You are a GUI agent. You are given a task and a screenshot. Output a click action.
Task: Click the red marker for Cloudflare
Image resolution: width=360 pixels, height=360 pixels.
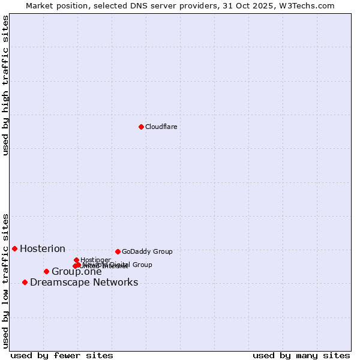point(141,127)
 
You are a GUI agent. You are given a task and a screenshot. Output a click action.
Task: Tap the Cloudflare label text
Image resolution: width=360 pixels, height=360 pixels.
point(161,127)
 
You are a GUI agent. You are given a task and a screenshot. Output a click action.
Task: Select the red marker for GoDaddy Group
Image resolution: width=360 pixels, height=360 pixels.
point(118,251)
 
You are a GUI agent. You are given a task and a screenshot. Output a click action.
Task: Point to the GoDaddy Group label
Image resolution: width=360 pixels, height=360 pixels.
point(147,251)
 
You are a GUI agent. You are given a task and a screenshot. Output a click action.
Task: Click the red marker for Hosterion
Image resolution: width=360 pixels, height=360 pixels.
point(14,248)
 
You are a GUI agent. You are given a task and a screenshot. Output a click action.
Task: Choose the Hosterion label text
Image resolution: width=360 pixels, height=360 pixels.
point(43,248)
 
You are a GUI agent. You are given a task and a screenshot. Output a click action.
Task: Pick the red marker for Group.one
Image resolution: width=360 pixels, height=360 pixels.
point(46,271)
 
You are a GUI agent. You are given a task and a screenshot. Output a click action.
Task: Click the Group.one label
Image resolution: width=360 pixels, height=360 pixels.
point(77,272)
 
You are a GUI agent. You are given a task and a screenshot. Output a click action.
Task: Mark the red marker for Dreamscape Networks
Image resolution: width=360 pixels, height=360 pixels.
point(25,282)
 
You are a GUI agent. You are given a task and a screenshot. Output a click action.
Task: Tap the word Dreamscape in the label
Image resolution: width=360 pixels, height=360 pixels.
point(57,283)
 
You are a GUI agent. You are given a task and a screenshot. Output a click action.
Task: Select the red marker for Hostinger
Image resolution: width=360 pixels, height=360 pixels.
point(76,260)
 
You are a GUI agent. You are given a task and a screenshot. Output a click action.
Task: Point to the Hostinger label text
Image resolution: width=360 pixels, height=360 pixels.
point(96,260)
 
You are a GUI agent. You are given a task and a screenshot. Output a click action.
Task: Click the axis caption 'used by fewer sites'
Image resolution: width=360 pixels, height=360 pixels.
point(62,355)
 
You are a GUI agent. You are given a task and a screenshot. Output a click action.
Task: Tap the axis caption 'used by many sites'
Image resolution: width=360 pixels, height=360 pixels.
point(301,355)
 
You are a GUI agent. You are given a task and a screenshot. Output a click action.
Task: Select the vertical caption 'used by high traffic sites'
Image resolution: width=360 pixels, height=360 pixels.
point(5,85)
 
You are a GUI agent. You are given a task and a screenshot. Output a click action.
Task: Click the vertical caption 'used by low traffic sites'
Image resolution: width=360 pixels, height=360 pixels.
point(5,280)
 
